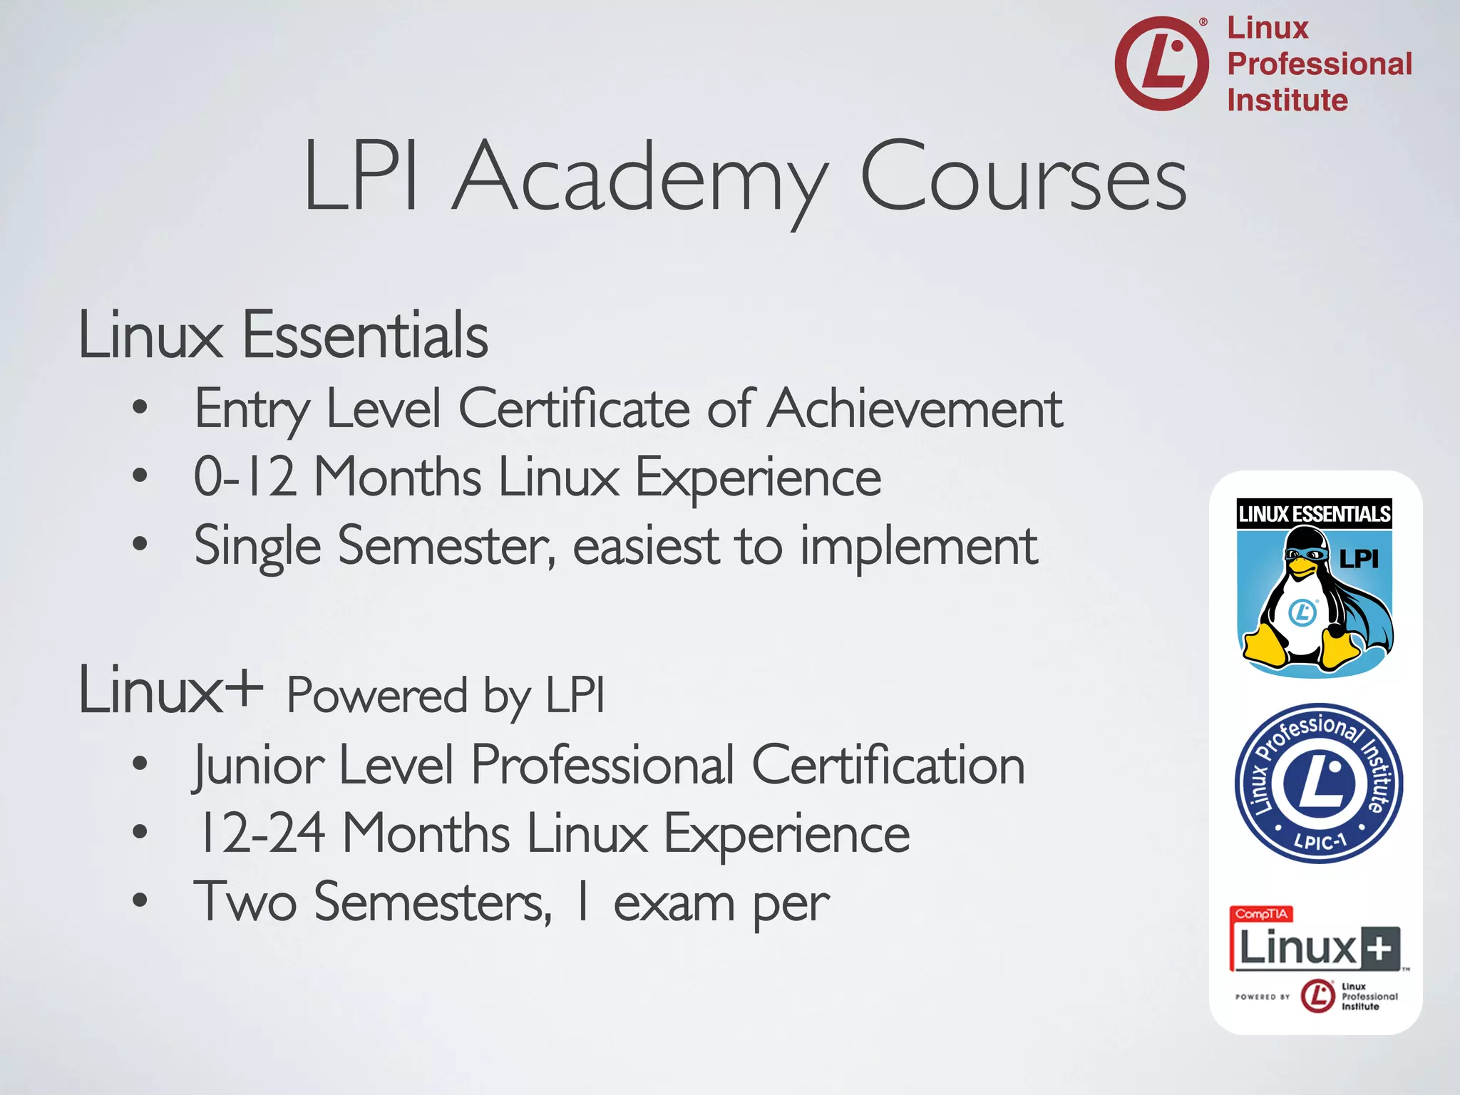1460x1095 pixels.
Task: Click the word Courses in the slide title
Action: (x=1023, y=178)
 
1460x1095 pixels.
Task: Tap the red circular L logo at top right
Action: (x=1161, y=63)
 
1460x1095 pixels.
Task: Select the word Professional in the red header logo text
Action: (x=1320, y=64)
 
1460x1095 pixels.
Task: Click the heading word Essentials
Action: (x=365, y=335)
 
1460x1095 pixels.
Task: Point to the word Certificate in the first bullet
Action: (x=574, y=409)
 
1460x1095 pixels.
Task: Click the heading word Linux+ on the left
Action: (x=170, y=690)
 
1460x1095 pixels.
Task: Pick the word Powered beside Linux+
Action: (x=376, y=695)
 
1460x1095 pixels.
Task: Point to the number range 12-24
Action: (x=262, y=833)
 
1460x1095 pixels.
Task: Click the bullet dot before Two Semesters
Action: (x=140, y=900)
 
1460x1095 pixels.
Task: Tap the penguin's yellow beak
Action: (x=1302, y=565)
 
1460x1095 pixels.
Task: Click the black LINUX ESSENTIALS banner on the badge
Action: (x=1314, y=514)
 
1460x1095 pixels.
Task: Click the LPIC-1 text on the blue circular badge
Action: (x=1320, y=841)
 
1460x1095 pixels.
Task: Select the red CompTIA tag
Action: (x=1261, y=914)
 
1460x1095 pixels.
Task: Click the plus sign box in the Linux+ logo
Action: (x=1380, y=949)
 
